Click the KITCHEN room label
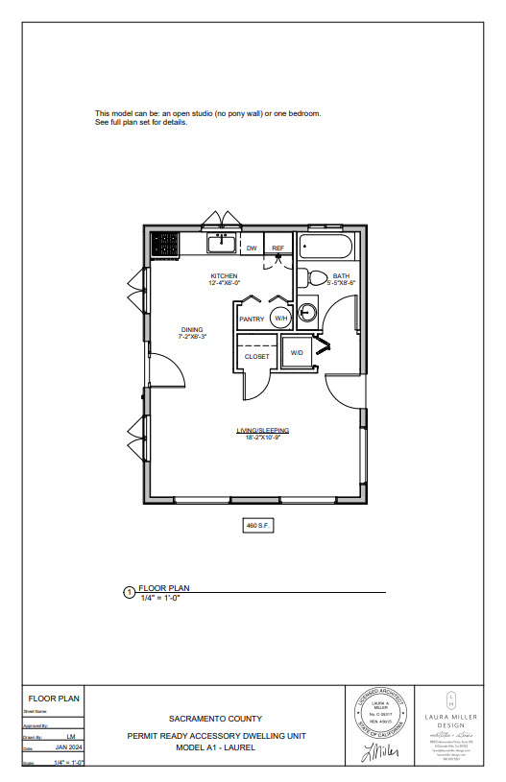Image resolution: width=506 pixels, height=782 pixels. point(224,276)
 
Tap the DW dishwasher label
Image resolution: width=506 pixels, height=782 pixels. point(252,249)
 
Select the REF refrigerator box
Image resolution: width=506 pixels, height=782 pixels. point(278,249)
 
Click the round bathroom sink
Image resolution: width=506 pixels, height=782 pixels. point(308,313)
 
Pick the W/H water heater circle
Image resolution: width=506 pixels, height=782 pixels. point(281,318)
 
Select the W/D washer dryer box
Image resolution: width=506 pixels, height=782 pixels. point(297,353)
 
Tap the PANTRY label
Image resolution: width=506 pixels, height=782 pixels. point(252,319)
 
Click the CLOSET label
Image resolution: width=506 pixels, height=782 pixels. point(257,356)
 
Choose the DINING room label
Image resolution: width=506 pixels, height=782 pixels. point(190,330)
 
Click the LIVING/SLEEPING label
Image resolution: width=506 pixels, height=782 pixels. point(263,430)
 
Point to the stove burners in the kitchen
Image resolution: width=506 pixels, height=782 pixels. point(164,245)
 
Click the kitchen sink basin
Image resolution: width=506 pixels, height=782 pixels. point(224,244)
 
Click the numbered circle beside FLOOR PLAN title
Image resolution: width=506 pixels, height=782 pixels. point(130,593)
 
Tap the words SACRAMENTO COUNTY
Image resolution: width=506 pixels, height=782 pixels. point(215,718)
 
